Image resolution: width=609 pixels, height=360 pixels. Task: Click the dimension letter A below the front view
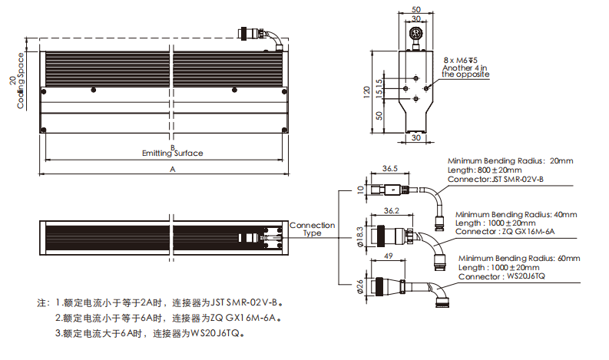(x=172, y=168)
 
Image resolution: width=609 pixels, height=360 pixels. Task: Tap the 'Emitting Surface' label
(x=173, y=154)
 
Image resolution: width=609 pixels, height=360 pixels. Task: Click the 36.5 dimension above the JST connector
(x=389, y=168)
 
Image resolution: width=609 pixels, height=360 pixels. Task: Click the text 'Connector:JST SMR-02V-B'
(x=495, y=179)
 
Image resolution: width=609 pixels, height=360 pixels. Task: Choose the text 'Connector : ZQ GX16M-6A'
(x=505, y=231)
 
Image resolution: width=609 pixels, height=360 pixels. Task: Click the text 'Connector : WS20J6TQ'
(x=501, y=276)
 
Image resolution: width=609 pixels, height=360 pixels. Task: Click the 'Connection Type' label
(x=312, y=229)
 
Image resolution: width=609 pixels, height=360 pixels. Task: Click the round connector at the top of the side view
(x=416, y=35)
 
